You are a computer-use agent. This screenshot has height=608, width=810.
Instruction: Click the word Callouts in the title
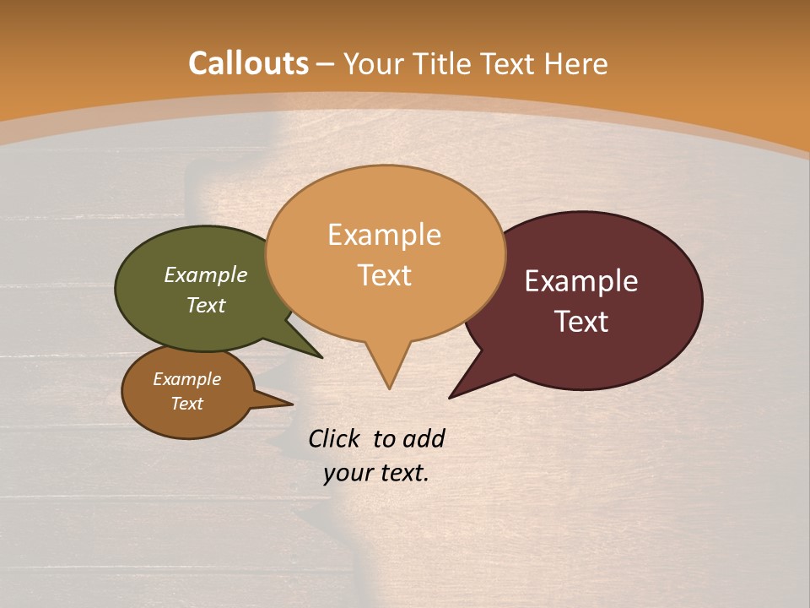248,63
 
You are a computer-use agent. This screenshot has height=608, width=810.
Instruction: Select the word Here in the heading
576,63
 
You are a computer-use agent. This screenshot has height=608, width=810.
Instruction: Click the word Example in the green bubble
206,275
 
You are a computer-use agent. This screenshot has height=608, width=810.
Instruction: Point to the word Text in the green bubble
206,305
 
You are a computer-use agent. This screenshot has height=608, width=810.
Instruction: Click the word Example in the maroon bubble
581,281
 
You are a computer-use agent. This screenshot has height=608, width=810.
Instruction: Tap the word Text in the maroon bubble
581,321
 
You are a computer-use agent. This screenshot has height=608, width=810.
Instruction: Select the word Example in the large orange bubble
384,235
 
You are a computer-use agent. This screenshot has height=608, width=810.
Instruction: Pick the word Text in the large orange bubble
384,275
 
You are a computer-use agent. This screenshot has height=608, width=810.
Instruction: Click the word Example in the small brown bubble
186,379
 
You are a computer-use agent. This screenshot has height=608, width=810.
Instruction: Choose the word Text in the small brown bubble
186,404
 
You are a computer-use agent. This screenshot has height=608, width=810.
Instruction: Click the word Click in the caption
335,438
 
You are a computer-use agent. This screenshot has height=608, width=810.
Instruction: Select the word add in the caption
424,438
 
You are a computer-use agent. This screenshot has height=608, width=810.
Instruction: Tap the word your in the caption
347,473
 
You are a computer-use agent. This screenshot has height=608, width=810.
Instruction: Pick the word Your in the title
375,63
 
